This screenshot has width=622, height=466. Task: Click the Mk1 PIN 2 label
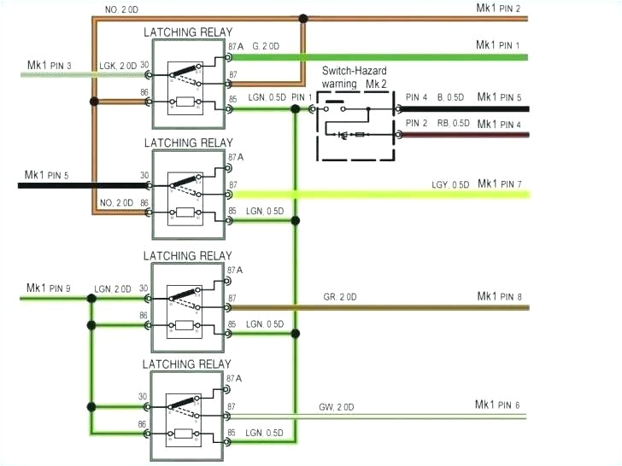(498, 8)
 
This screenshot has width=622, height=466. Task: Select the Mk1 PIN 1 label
(498, 44)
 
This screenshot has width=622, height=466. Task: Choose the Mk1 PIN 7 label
(499, 183)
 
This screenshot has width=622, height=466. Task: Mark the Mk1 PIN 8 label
(499, 296)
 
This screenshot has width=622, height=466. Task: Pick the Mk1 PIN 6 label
(498, 405)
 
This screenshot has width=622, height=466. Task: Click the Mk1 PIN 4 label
(499, 124)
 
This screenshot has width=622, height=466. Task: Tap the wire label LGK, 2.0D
(117, 66)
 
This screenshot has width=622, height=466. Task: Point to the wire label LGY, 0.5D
(449, 185)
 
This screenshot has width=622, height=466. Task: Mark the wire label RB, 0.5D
(452, 124)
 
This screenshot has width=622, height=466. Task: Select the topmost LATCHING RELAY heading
(187, 32)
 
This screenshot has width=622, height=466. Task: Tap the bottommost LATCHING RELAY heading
(187, 364)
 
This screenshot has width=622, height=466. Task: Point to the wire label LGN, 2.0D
(113, 289)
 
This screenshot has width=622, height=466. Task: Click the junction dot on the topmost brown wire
(303, 17)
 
